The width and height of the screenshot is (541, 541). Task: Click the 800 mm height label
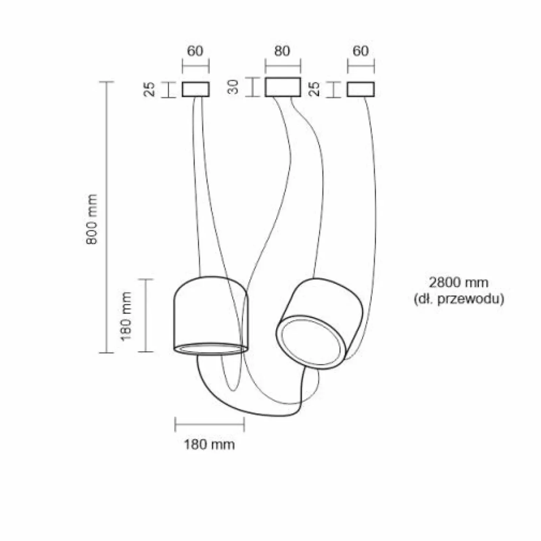pyautogui.click(x=92, y=219)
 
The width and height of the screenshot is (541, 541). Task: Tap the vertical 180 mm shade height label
pyautogui.click(x=126, y=316)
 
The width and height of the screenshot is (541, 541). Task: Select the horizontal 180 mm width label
pyautogui.click(x=209, y=444)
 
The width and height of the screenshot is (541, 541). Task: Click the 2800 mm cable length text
pyautogui.click(x=459, y=282)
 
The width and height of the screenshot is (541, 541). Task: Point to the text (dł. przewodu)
pyautogui.click(x=459, y=299)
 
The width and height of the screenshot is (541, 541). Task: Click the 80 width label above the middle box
pyautogui.click(x=282, y=51)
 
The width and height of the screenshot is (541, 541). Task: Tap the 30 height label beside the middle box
pyautogui.click(x=233, y=87)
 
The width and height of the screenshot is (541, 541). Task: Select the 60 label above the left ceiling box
pyautogui.click(x=195, y=51)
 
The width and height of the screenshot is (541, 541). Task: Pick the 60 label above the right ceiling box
pyautogui.click(x=360, y=51)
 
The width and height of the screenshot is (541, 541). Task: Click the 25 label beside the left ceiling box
pyautogui.click(x=149, y=89)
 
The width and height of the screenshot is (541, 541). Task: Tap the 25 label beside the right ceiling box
pyautogui.click(x=314, y=89)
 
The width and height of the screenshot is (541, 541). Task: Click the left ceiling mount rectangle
pyautogui.click(x=195, y=89)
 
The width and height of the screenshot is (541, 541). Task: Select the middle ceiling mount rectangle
pyautogui.click(x=283, y=87)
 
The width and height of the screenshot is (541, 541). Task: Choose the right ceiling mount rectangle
pyautogui.click(x=360, y=89)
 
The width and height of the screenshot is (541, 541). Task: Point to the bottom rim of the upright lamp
pyautogui.click(x=211, y=349)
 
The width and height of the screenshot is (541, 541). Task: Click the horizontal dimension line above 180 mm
pyautogui.click(x=210, y=424)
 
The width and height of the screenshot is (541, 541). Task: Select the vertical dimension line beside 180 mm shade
pyautogui.click(x=146, y=315)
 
